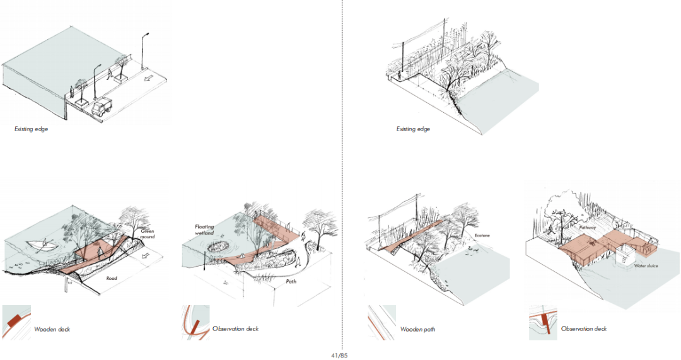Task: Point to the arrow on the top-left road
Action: (149, 79)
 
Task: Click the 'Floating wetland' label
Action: (204, 229)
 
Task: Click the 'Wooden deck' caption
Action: (52, 330)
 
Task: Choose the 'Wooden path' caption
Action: (417, 329)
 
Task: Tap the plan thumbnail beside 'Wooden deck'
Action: (16, 322)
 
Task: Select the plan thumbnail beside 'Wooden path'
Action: (381, 322)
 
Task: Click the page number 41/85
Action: (339, 356)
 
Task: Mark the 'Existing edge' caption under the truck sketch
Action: (31, 129)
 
